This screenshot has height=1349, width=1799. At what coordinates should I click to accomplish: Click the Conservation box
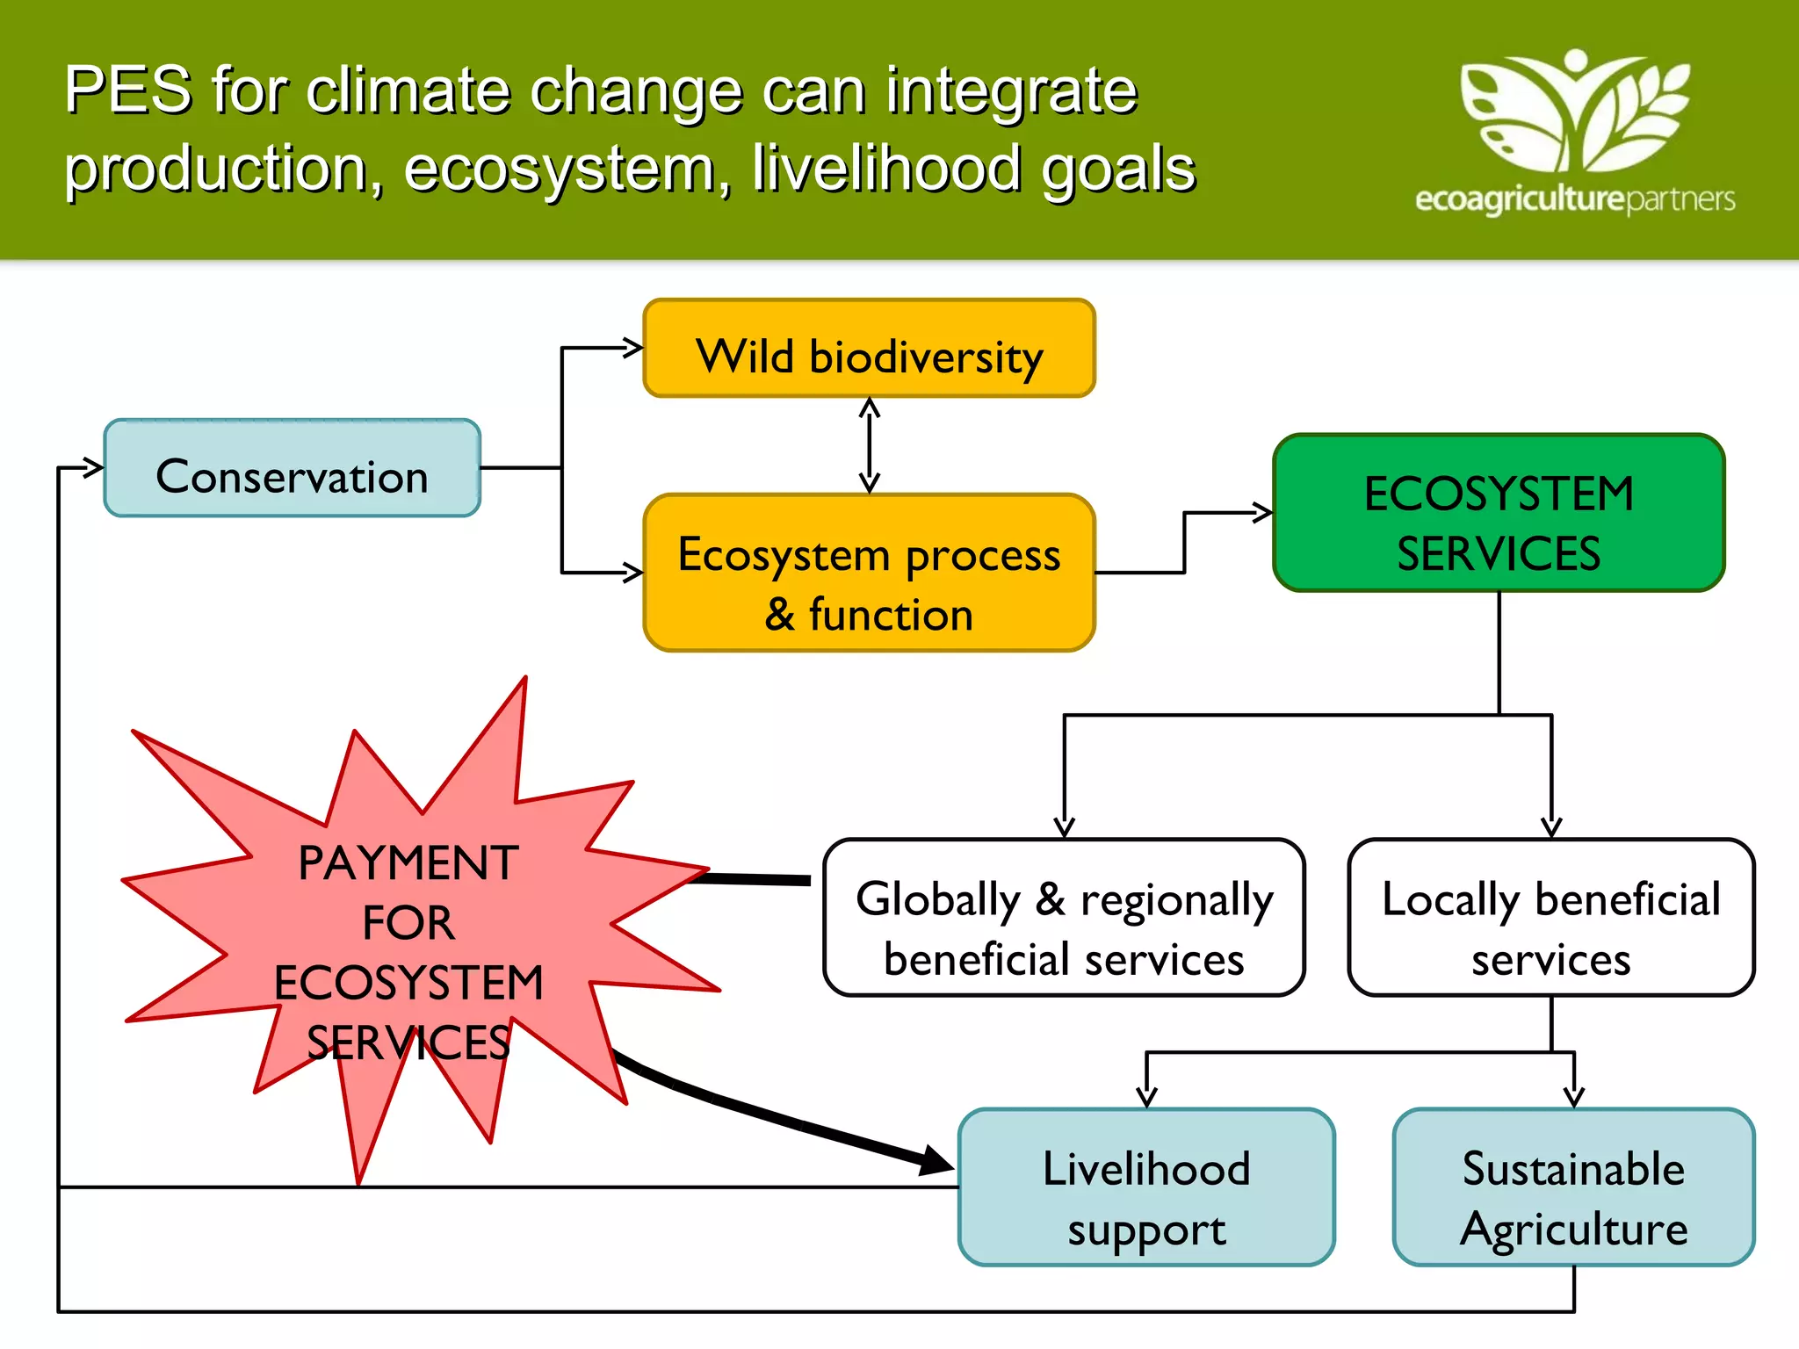[x=292, y=468]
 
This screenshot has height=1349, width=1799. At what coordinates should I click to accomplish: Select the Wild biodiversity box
[x=869, y=349]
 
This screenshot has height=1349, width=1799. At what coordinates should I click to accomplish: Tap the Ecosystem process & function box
[x=869, y=573]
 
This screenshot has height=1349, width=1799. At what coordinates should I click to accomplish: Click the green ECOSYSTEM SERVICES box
[x=1499, y=513]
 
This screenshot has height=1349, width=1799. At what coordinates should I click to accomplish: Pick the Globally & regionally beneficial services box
[x=1064, y=918]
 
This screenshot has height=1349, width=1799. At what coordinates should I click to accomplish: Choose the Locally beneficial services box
[x=1551, y=918]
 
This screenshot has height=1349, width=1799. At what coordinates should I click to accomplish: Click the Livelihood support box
[x=1146, y=1187]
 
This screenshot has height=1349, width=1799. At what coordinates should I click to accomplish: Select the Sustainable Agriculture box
[x=1573, y=1187]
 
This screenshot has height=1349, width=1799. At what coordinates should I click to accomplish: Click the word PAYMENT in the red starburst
[x=408, y=862]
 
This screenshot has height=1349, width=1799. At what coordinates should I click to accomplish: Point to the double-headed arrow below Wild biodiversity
[x=870, y=445]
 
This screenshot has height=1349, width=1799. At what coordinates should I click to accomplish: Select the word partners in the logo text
[x=1680, y=199]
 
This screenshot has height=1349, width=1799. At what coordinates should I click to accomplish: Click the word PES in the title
[x=128, y=90]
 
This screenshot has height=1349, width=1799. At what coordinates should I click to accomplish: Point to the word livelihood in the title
[x=886, y=169]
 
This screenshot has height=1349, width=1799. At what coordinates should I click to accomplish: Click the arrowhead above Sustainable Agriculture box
[x=1574, y=1096]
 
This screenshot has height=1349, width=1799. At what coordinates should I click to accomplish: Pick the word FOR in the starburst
[x=408, y=922]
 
